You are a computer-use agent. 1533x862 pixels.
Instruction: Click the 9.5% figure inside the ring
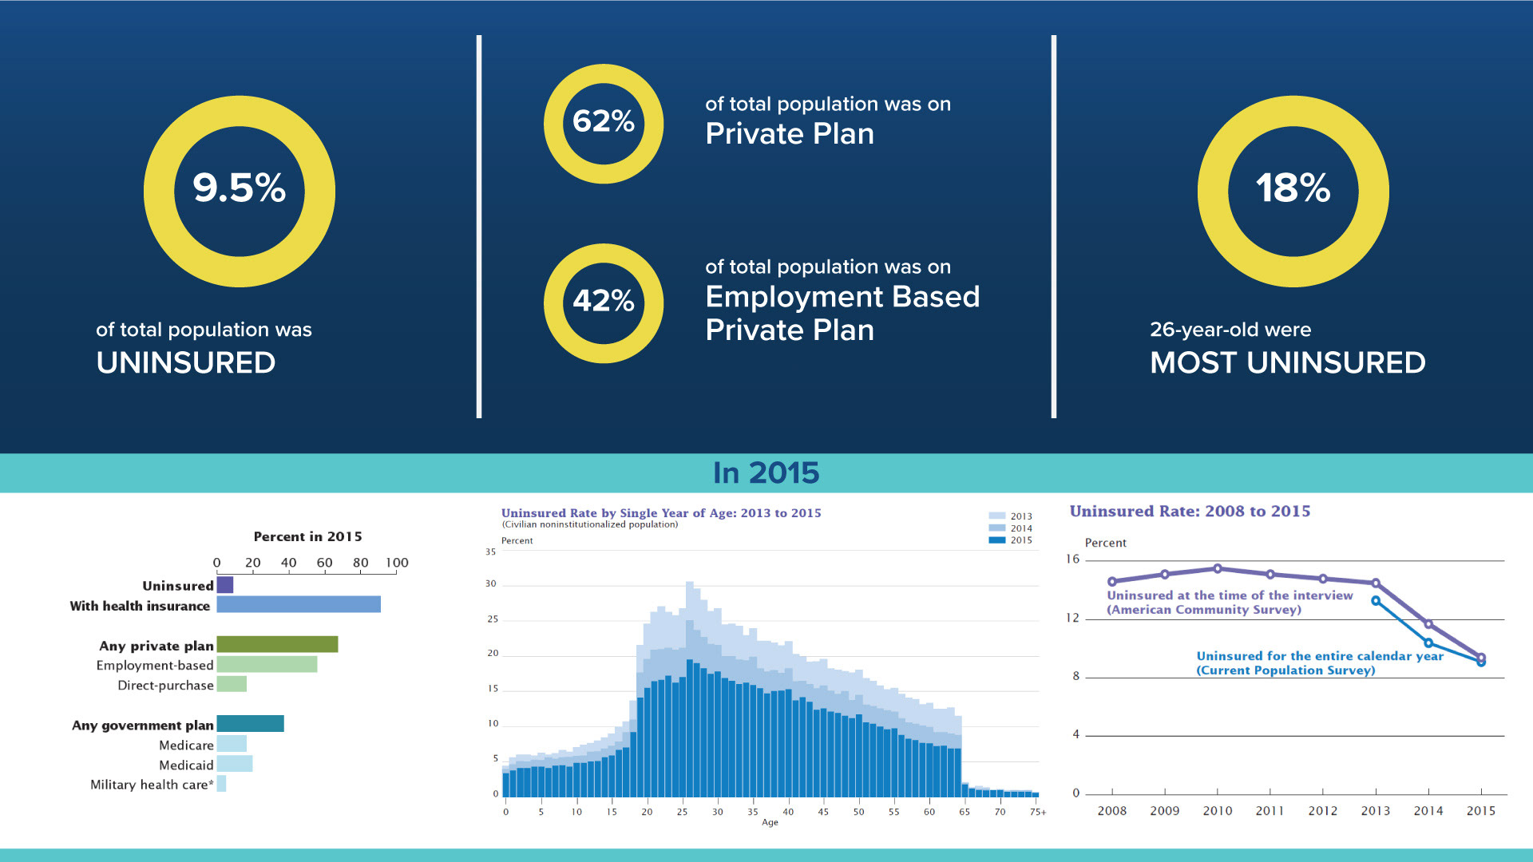click(239, 188)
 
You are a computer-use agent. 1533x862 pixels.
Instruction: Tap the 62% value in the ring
click(604, 121)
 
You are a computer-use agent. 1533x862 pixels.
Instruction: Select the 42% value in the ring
click(604, 301)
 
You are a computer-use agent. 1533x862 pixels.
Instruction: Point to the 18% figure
click(1293, 188)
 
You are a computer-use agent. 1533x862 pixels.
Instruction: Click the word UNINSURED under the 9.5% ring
click(186, 363)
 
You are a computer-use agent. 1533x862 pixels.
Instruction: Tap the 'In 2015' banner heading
click(766, 473)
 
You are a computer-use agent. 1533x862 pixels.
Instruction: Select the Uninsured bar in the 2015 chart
click(225, 585)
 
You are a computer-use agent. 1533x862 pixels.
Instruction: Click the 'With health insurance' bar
click(299, 605)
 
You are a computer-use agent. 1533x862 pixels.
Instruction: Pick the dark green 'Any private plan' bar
click(277, 644)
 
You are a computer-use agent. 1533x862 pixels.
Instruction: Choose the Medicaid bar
click(235, 764)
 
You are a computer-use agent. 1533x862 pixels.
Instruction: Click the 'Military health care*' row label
click(152, 785)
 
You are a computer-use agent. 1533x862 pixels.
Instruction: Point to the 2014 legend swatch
click(997, 528)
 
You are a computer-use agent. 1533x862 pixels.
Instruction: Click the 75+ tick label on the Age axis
click(1037, 812)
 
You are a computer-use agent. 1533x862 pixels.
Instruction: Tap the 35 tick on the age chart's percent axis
click(490, 552)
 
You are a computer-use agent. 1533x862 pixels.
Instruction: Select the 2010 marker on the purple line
click(1218, 569)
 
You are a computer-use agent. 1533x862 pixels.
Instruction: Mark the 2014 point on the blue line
click(1428, 643)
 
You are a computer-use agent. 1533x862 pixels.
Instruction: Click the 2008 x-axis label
click(1111, 811)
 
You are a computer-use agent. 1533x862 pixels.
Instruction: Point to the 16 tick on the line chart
click(1072, 559)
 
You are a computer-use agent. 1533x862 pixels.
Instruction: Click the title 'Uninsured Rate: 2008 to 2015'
click(1190, 512)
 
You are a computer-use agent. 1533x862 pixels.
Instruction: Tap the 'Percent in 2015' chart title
click(307, 536)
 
